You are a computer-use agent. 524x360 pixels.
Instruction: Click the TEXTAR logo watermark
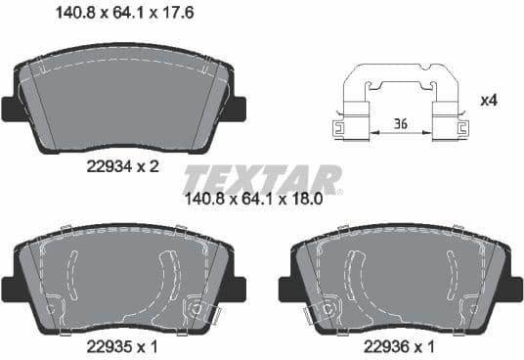point(263,180)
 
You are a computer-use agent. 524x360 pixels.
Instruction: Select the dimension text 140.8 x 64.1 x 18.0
point(268,202)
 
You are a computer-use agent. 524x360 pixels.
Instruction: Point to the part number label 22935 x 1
point(123,345)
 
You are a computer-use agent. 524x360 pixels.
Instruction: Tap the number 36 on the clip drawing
point(399,123)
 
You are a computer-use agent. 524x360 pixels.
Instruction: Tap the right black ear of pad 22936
point(513,288)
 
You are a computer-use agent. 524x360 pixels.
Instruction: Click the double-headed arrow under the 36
point(399,134)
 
